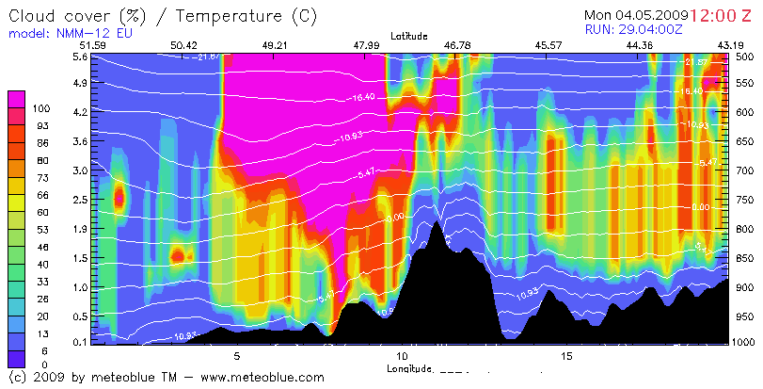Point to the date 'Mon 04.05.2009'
[636, 15]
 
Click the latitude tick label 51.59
[93, 45]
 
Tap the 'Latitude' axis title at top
[406, 36]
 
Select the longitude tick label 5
[237, 356]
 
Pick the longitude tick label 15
[566, 356]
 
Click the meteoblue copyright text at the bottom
[166, 377]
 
